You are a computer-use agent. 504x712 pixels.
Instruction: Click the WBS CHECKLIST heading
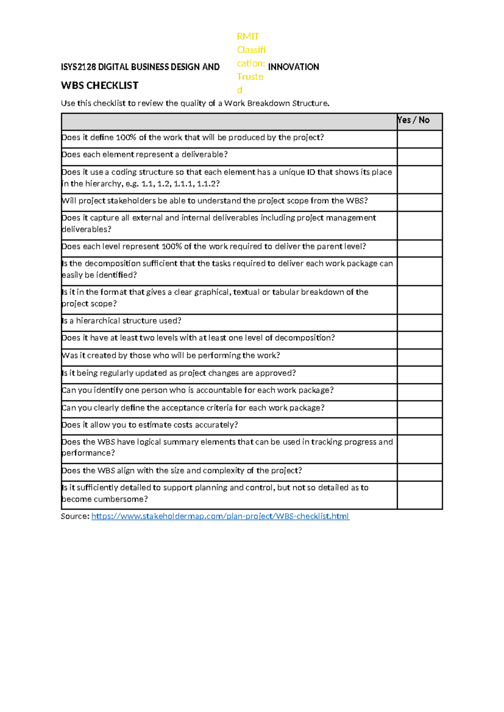coord(100,86)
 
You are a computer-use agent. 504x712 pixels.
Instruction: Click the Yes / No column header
coord(414,120)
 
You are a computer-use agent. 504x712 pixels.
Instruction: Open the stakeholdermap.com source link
coord(220,516)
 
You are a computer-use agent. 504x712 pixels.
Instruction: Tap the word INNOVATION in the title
coord(293,67)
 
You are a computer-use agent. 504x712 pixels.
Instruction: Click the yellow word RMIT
coord(248,37)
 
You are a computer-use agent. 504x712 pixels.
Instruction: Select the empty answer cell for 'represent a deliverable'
coord(420,157)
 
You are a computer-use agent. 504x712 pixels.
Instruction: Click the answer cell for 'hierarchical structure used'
coord(420,322)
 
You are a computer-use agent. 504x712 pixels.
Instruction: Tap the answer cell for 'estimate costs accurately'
coord(420,426)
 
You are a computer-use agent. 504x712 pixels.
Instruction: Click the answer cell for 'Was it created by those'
coord(420,357)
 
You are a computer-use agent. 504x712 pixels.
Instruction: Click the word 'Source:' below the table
coord(75,516)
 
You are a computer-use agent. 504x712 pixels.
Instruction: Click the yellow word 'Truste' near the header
coord(250,77)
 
